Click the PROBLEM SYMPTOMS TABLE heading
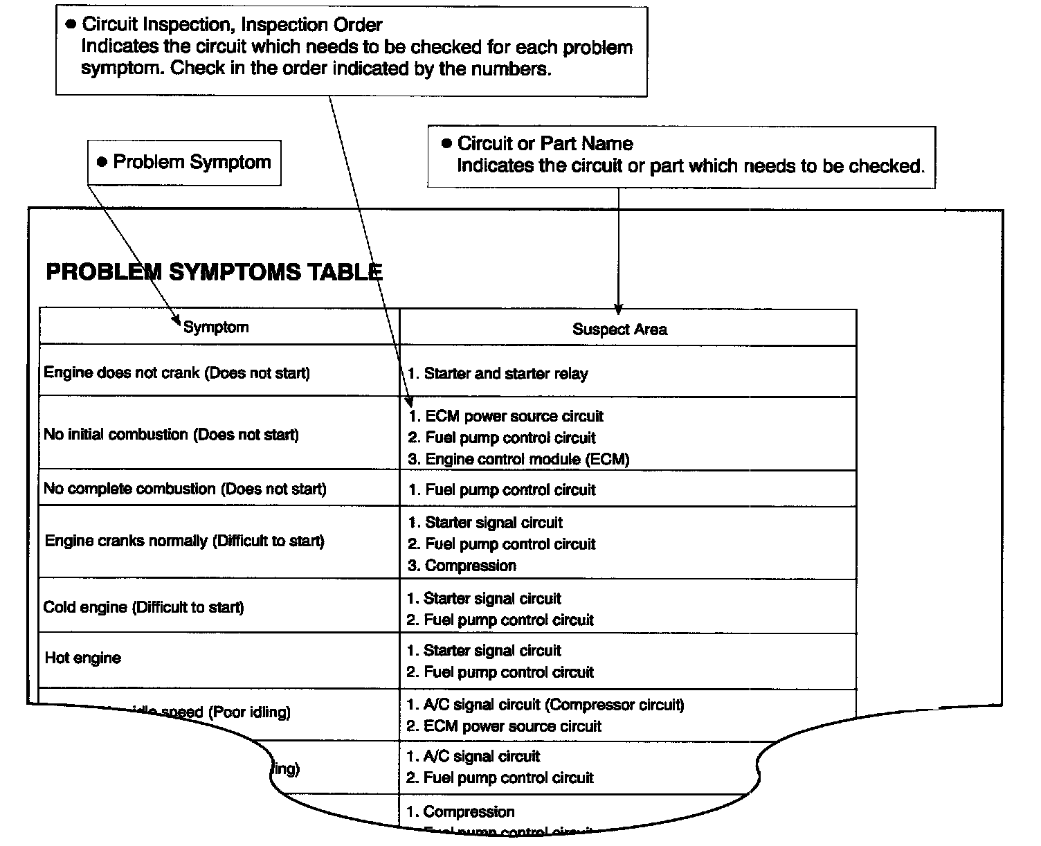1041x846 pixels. click(214, 272)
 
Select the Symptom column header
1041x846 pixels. click(216, 327)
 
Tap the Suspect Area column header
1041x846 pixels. click(619, 330)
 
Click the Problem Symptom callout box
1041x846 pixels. click(184, 163)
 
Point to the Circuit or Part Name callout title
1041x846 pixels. click(545, 143)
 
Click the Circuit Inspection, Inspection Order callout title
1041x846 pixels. click(232, 25)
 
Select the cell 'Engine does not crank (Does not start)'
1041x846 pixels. click(176, 373)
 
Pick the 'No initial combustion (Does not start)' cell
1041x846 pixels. click(171, 435)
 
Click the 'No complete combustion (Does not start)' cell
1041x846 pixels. click(184, 489)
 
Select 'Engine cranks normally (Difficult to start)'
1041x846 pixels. click(184, 541)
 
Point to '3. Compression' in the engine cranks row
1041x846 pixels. click(462, 566)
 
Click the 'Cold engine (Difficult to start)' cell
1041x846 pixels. click(143, 607)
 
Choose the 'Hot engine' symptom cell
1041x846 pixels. click(82, 658)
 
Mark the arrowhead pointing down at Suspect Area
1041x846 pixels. click(618, 309)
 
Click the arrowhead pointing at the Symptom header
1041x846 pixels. click(176, 322)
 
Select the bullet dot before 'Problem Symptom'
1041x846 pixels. click(102, 163)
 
